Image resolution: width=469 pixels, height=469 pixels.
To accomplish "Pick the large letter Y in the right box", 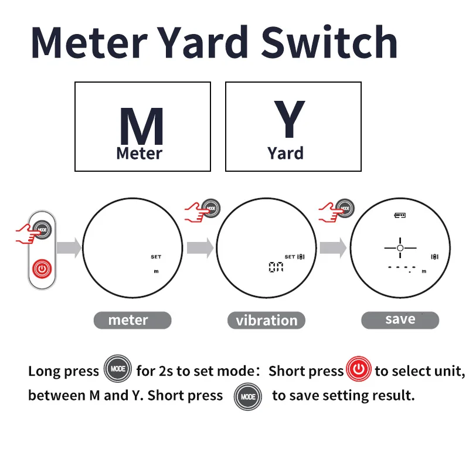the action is [289, 120].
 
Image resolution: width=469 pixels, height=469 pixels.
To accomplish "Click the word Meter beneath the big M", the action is [139, 154].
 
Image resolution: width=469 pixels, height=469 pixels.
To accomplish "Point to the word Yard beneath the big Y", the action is [286, 154].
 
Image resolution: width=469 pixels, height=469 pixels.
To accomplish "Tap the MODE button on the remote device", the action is [42, 229].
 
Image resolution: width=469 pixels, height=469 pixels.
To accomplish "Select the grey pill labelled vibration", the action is [266, 320].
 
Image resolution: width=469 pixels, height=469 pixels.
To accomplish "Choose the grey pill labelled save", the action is [400, 320].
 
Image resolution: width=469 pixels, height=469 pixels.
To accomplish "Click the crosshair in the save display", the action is [400, 249].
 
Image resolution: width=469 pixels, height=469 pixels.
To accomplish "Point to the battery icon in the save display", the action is [400, 216].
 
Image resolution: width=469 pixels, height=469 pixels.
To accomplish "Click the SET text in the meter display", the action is [155, 257].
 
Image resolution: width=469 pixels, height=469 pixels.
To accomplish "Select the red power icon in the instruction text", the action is [359, 371].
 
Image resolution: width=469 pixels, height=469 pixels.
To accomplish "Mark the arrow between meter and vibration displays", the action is [199, 249].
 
